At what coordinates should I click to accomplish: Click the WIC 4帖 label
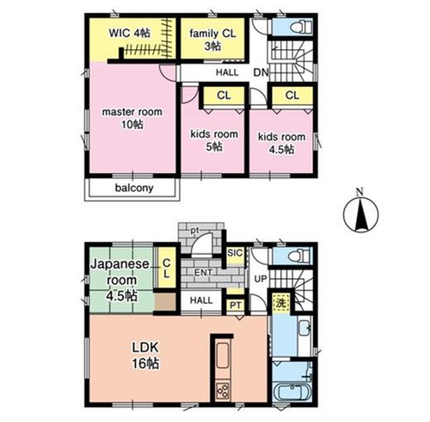coord(129,34)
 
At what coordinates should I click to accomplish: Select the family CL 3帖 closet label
coord(212,40)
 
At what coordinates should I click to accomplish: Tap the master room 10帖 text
coord(132,118)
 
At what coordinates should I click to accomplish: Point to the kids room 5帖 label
coord(214,140)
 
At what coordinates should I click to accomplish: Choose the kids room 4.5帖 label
coord(281,143)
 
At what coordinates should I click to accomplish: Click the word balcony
coord(134,188)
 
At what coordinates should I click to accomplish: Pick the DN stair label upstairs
coord(261,72)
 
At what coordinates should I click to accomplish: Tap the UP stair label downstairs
coord(261,279)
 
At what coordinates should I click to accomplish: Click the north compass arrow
coord(360,213)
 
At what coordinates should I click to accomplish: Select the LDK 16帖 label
coord(145,356)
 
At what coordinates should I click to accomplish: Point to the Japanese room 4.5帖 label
coord(120,280)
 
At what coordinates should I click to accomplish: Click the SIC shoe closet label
coord(235,253)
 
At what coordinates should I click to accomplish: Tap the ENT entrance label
coord(203,272)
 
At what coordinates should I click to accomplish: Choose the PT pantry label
coord(236,305)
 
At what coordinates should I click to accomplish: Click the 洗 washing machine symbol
coord(281,303)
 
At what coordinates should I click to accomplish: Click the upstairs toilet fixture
coord(301,28)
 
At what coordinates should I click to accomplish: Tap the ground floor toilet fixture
coord(301,256)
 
